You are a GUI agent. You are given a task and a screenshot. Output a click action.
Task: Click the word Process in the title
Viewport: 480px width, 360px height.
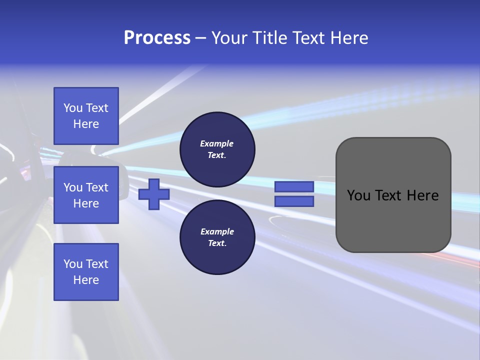tap(157, 38)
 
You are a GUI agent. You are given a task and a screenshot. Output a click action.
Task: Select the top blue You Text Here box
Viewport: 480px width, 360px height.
tap(86, 116)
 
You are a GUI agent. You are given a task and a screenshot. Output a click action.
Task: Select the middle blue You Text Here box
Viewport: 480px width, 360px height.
tap(86, 195)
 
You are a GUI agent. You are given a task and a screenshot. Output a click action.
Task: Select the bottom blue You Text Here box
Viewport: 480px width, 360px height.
tap(86, 271)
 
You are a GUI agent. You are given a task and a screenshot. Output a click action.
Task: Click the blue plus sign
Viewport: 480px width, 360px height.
tap(154, 194)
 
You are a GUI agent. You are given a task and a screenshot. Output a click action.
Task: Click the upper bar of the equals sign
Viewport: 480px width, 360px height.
tap(294, 186)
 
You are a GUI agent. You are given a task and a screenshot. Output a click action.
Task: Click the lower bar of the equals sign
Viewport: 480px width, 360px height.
tap(294, 201)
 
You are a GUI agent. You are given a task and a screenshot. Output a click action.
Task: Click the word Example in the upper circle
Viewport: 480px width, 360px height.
tap(217, 143)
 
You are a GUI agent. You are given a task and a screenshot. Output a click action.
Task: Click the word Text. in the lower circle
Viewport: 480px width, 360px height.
tap(217, 243)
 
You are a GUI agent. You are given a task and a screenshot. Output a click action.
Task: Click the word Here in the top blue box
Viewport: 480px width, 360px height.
tap(86, 124)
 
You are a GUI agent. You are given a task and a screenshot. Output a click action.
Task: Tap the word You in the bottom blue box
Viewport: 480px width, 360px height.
tap(73, 264)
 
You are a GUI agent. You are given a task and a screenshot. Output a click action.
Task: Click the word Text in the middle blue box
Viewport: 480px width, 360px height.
tap(97, 187)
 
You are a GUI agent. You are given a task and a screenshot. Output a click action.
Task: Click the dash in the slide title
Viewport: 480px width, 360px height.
tap(200, 38)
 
